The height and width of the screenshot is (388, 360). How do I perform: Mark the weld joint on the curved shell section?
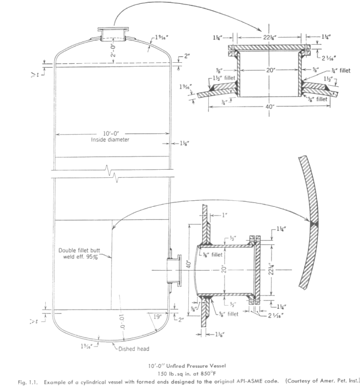316,223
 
